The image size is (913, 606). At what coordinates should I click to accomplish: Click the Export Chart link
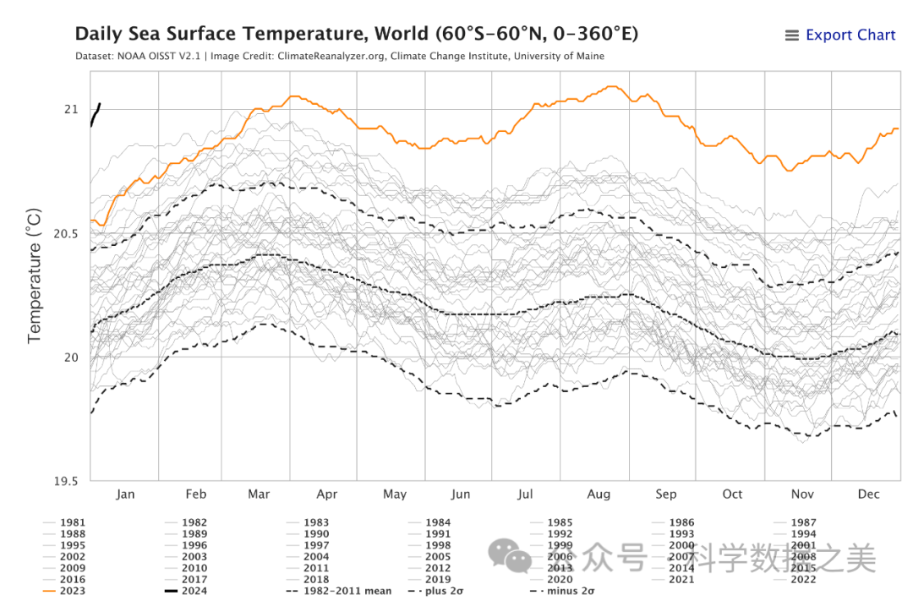(x=850, y=35)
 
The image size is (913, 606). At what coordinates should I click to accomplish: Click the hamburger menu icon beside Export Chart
(x=792, y=35)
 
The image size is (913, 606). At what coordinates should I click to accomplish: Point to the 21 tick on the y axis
(x=70, y=110)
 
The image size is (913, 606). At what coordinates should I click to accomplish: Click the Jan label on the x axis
(x=124, y=494)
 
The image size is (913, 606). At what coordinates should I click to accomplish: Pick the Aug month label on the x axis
(x=599, y=494)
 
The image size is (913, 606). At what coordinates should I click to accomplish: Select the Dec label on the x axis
(x=868, y=494)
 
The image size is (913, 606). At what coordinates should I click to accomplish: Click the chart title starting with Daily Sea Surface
(x=356, y=35)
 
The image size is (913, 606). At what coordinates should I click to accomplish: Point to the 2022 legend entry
(x=803, y=579)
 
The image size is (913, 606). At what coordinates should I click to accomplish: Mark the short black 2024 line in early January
(x=96, y=114)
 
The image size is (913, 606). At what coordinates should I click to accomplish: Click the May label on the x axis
(x=395, y=494)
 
